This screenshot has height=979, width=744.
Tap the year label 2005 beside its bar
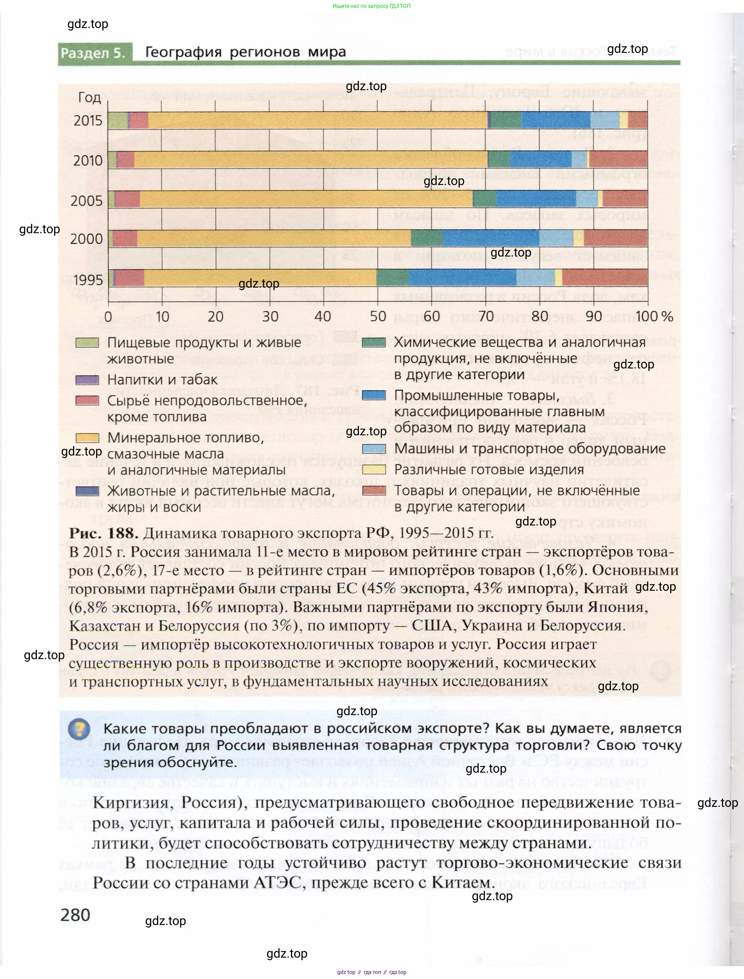pos(86,201)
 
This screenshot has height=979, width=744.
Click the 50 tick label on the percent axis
pos(378,316)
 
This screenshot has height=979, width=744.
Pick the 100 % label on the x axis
pos(655,316)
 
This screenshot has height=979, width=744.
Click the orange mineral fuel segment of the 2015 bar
pos(317,120)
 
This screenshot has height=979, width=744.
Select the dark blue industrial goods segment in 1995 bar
pos(462,278)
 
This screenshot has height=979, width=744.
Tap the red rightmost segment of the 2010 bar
pos(618,159)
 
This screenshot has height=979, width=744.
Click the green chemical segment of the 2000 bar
pos(427,238)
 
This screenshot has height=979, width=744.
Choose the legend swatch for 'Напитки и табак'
pos(87,380)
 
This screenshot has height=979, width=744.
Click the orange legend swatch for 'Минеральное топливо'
pos(87,438)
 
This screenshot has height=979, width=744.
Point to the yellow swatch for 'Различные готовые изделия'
pos(374,469)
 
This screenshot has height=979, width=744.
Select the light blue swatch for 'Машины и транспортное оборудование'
pos(374,448)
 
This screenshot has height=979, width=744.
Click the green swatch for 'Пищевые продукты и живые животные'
pos(87,342)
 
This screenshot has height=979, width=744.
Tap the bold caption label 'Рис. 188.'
pos(103,533)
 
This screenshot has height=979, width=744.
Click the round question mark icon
pos(79,729)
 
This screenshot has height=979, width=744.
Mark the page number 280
pos(75,915)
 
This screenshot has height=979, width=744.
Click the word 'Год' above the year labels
pos(89,98)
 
